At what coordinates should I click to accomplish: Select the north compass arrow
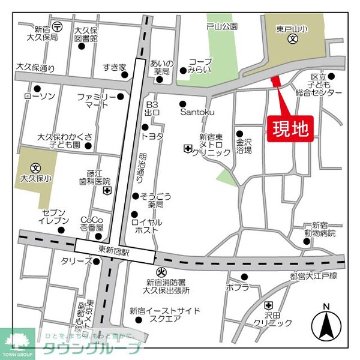coord(326,326)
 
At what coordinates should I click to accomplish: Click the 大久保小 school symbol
coord(35,167)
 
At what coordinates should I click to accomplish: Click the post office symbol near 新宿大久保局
coord(57,26)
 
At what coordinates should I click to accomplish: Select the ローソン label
coord(40,97)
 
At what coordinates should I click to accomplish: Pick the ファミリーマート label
coord(96,100)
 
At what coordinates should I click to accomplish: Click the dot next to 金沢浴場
coord(239,134)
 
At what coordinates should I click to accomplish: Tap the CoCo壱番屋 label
coord(92,223)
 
